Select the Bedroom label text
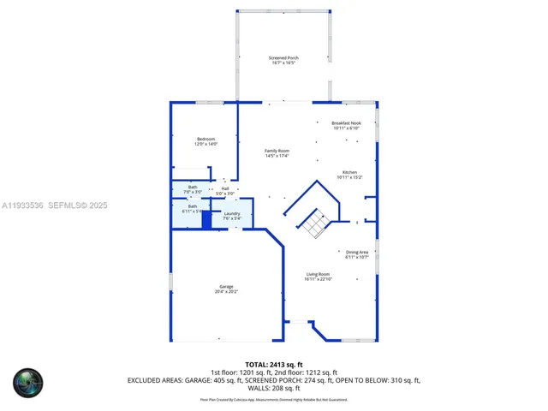(206, 139)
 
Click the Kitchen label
(350, 171)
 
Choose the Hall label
(225, 188)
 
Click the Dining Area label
(357, 252)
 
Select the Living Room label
(318, 274)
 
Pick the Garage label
(226, 287)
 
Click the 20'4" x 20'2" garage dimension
(226, 292)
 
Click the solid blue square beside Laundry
(206, 220)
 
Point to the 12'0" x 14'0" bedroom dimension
(206, 144)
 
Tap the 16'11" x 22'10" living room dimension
(318, 279)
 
